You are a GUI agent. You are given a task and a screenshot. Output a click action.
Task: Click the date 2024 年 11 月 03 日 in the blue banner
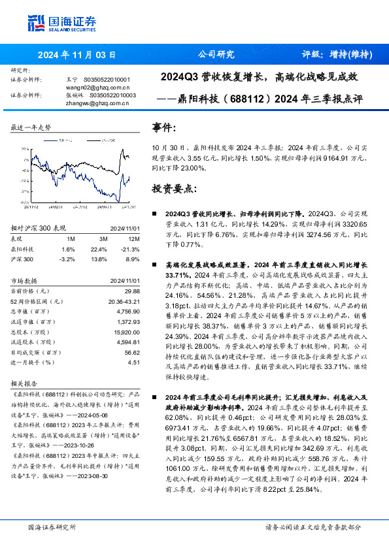77,55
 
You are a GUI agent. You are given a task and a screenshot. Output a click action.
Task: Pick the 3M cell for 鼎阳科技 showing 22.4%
99,249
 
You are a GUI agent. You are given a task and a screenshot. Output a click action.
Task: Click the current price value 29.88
132,290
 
